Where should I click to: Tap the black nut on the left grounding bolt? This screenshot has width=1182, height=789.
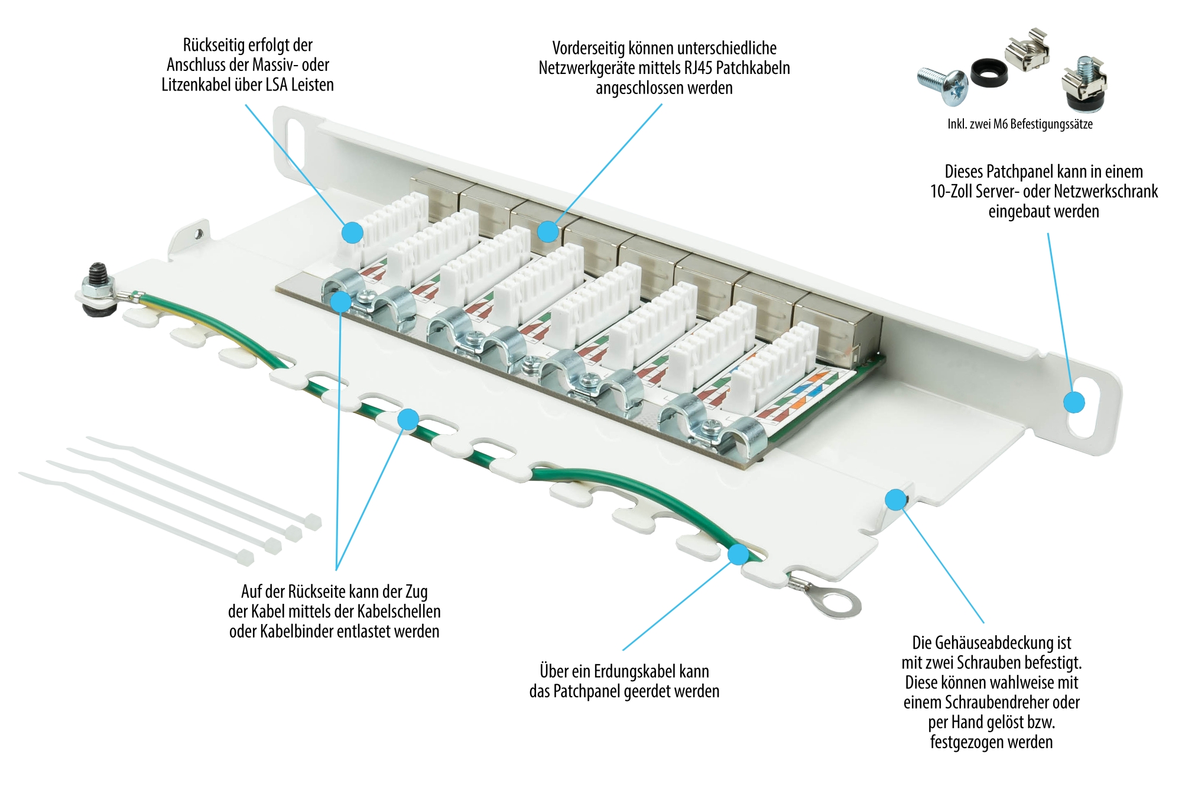click(97, 275)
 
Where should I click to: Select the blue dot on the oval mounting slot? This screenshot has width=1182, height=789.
click(1074, 402)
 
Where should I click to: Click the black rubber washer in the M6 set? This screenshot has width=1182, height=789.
click(988, 72)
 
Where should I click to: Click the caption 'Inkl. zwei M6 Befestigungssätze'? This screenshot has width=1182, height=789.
click(1019, 124)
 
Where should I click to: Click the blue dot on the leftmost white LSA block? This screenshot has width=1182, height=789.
click(352, 232)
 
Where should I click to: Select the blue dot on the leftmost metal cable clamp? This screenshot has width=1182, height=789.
click(340, 302)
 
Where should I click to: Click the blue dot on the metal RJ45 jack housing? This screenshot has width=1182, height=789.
click(548, 231)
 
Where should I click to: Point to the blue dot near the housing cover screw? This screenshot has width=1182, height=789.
click(895, 500)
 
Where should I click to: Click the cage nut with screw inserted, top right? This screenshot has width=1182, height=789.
click(1084, 83)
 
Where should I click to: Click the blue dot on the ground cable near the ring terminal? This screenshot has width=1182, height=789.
click(738, 554)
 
